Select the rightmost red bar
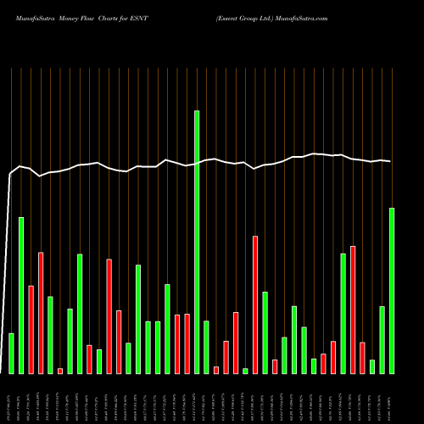362,357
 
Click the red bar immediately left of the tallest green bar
187,343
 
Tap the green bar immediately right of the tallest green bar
206,347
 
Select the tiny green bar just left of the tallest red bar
245,371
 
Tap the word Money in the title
70,17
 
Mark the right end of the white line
391,161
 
